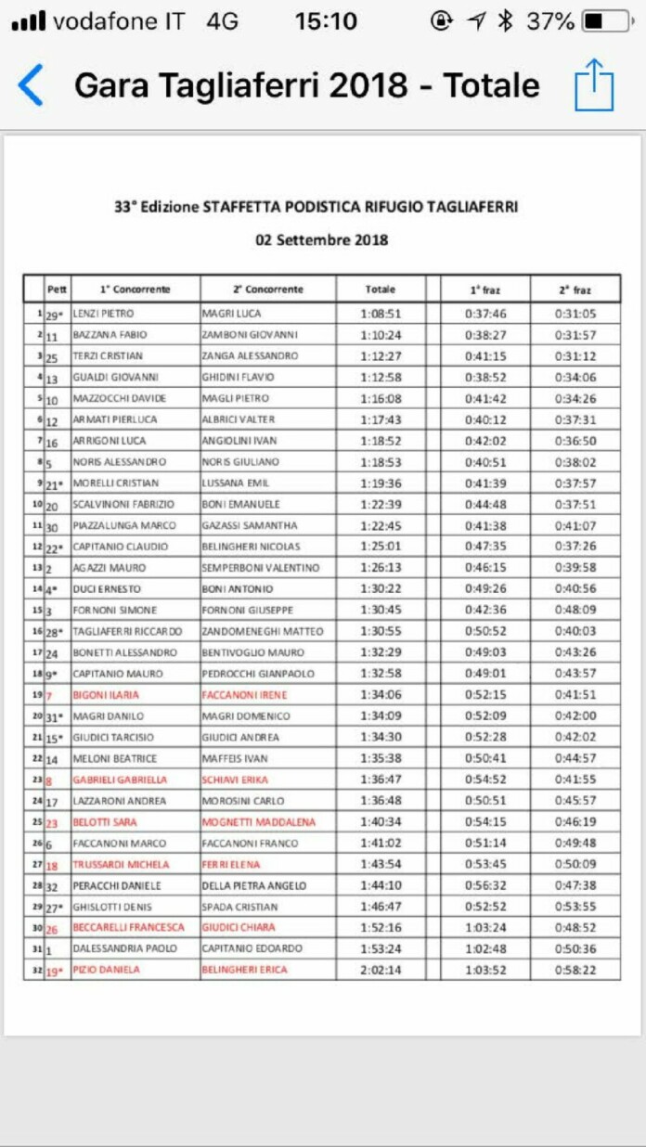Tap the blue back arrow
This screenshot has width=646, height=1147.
click(x=31, y=85)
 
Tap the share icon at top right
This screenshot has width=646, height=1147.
click(x=594, y=85)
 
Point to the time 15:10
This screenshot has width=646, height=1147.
click(x=326, y=20)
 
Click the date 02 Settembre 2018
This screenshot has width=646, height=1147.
click(x=321, y=239)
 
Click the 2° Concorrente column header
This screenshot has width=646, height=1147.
click(x=267, y=290)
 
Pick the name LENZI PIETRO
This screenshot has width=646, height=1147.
click(x=103, y=314)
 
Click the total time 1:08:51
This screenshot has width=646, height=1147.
click(x=381, y=314)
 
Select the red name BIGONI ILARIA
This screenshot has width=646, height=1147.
click(x=106, y=695)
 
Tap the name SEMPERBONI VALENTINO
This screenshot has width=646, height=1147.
click(x=260, y=568)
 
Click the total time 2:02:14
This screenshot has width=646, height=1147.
click(x=381, y=970)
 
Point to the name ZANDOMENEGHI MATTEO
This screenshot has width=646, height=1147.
click(x=263, y=631)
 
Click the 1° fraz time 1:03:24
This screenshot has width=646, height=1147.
click(x=485, y=927)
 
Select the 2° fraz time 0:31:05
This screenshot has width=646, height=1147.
click(x=575, y=314)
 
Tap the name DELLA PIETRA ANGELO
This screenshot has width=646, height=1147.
click(x=253, y=885)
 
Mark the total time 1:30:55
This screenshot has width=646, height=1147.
click(x=381, y=631)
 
